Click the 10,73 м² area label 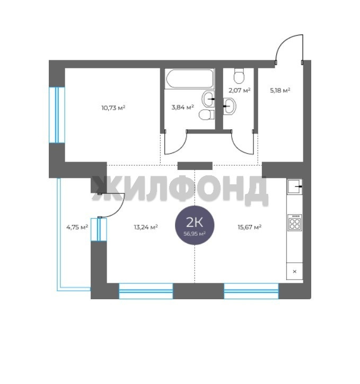[113, 108]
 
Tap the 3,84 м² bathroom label [182, 107]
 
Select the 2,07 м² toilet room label [240, 91]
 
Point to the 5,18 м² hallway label [280, 91]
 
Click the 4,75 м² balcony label [77, 227]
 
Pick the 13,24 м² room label [146, 227]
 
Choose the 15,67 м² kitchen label [250, 227]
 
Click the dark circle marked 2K [195, 225]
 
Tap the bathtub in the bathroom [189, 78]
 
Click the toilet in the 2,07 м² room [239, 76]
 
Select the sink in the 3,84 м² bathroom [208, 99]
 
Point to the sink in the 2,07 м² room [230, 106]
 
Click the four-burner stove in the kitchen [295, 222]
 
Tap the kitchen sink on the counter [295, 186]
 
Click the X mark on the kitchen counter [295, 271]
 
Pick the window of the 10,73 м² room [57, 115]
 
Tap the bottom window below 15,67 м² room [251, 291]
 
